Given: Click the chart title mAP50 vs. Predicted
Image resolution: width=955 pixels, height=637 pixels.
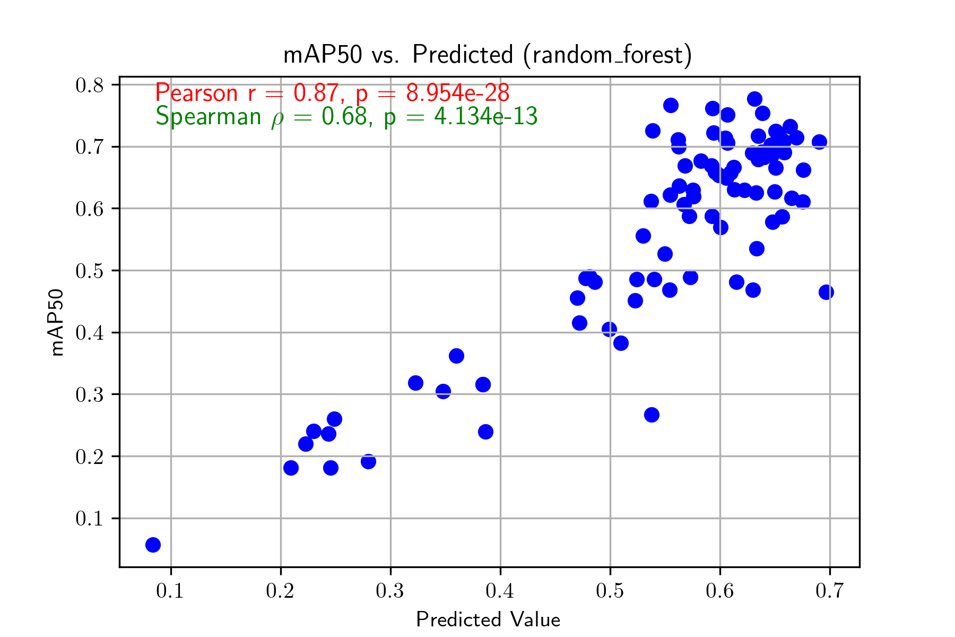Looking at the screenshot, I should tap(488, 55).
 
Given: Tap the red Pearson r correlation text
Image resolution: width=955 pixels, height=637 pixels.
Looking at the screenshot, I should tap(332, 93).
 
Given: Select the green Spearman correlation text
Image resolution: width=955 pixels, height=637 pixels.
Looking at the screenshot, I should tap(346, 117).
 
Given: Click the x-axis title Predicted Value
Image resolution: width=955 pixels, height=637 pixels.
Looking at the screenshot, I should tap(488, 619).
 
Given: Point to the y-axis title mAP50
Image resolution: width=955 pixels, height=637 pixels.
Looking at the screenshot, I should tap(57, 322).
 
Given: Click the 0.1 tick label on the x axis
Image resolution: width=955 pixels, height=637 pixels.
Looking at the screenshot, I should tap(170, 591).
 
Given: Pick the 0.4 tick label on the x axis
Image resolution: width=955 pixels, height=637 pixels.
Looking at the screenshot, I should tap(500, 591).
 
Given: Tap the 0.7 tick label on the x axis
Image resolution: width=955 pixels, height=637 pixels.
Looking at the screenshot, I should tap(829, 591).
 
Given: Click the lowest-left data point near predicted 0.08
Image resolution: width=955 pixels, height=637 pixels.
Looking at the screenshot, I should tap(153, 545).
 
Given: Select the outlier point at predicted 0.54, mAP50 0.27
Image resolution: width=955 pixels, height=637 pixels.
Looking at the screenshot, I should tap(652, 415).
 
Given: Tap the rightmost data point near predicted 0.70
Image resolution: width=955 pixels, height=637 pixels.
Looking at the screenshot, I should tap(826, 292).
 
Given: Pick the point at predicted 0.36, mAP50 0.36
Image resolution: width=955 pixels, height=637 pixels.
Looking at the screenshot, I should tap(456, 356).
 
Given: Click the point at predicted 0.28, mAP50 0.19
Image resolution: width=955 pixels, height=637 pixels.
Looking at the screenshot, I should tap(368, 461).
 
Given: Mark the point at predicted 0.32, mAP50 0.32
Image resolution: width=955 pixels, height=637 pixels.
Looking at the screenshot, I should tap(415, 383).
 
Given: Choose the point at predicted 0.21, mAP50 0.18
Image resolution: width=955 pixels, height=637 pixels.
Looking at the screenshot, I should tap(291, 468).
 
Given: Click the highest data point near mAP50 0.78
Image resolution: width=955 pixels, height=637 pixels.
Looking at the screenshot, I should tap(754, 99).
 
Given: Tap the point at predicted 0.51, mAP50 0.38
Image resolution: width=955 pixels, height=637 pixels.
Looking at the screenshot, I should tap(621, 343).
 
